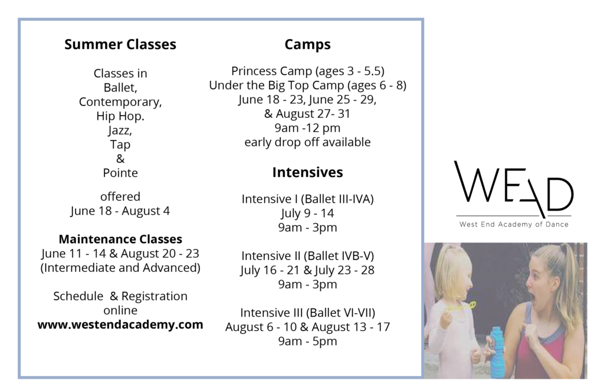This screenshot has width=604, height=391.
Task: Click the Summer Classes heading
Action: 120,44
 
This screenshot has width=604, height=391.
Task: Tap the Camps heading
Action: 307,45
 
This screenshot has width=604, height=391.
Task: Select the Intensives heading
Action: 307,172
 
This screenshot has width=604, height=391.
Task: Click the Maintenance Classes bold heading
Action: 120,239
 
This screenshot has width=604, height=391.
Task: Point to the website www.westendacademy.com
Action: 120,325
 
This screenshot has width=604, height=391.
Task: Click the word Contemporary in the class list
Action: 120,102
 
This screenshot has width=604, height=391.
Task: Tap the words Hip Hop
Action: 120,116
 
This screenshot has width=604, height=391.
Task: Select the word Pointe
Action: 120,173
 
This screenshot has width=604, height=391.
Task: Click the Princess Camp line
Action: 307,71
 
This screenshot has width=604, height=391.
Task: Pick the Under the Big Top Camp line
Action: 307,86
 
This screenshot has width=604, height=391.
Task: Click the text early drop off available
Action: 307,142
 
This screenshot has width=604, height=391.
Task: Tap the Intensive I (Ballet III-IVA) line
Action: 307,199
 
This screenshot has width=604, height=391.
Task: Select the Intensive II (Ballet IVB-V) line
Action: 307,256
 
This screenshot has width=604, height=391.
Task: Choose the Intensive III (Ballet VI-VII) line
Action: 307,313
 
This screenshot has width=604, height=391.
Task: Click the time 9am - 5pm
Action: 307,341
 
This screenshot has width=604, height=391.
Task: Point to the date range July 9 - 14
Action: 307,213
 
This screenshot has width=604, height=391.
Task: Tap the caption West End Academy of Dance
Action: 514,225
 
